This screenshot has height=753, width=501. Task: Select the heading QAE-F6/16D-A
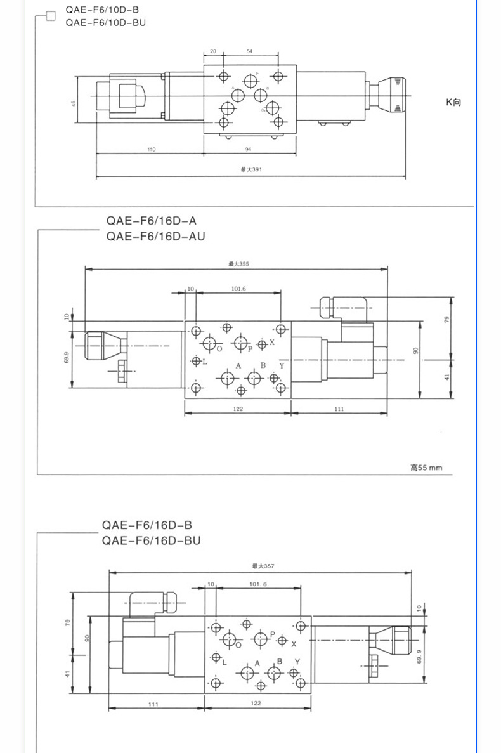coord(152,221)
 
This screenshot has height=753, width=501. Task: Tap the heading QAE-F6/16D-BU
coord(151,541)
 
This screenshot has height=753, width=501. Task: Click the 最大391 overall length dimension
coord(251,169)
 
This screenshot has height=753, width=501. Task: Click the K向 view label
coord(453,101)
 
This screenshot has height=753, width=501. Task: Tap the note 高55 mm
coord(426,468)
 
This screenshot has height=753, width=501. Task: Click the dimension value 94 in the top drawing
coord(248,149)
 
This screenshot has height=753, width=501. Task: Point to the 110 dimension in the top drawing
coord(151,149)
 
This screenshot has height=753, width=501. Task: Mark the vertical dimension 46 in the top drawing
coord(74,103)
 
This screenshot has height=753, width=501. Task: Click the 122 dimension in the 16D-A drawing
coord(238,409)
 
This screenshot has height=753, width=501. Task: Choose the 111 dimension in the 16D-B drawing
coord(152,704)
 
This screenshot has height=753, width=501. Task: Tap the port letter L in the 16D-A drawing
coord(205,362)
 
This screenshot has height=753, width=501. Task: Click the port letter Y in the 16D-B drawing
coord(297,662)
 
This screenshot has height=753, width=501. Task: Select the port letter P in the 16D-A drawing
coord(251,348)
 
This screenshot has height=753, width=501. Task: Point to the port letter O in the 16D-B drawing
coord(238,645)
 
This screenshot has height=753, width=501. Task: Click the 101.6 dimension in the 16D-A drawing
coord(238,289)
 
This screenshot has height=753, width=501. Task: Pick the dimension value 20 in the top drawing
coord(213,51)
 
